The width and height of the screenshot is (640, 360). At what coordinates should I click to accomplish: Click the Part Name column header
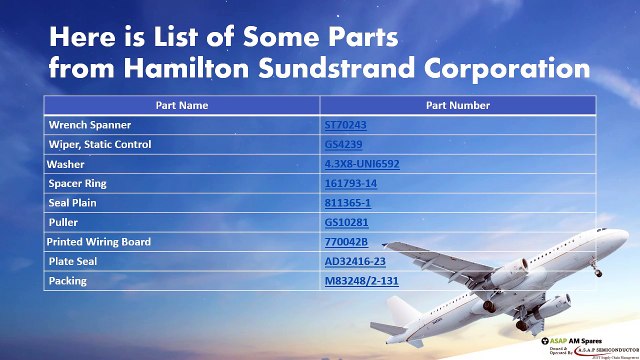[x=181, y=104]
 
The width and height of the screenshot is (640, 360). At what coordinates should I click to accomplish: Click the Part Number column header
[x=458, y=104]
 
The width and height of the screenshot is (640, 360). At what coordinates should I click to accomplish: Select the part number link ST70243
[x=345, y=125]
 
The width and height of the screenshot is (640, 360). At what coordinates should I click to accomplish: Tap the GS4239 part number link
[x=343, y=145]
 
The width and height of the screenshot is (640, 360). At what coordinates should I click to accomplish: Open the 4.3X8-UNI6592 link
[x=362, y=164]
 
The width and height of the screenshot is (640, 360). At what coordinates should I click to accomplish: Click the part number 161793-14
[x=350, y=184]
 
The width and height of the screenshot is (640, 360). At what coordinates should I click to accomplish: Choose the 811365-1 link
[x=347, y=203]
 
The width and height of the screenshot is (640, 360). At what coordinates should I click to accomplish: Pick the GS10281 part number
[x=345, y=223]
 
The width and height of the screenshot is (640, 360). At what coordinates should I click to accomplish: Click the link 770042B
[x=347, y=242]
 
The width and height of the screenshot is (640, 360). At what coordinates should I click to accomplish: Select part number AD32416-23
[x=356, y=261]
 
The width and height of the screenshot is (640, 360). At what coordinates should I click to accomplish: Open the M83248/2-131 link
[x=361, y=281]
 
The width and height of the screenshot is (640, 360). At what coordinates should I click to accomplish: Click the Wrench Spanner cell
[x=91, y=125]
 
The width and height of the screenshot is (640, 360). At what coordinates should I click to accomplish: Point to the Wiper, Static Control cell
[x=100, y=145]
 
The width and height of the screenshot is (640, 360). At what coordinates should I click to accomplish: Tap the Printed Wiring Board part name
[x=100, y=242]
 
